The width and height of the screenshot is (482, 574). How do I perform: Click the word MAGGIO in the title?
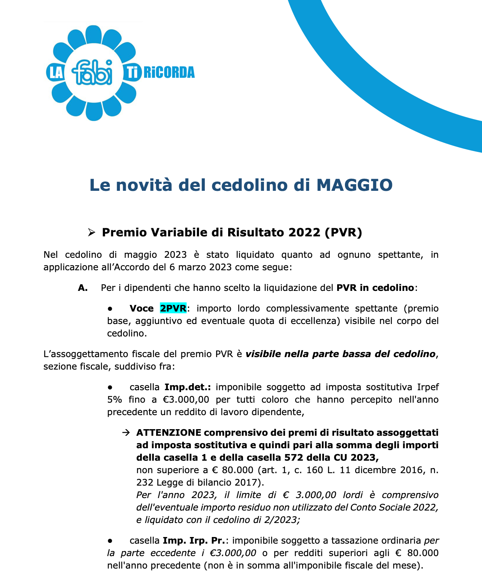pyautogui.click(x=354, y=185)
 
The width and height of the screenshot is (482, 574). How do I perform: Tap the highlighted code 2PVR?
pyautogui.click(x=173, y=308)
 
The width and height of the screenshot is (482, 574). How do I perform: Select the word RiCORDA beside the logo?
pyautogui.click(x=169, y=73)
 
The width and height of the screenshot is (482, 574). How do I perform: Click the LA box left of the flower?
pyautogui.click(x=56, y=73)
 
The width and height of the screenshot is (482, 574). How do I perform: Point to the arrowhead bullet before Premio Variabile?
pyautogui.click(x=91, y=233)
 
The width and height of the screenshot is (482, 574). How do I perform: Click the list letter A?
pyautogui.click(x=83, y=288)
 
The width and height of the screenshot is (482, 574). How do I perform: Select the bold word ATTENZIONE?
pyautogui.click(x=169, y=433)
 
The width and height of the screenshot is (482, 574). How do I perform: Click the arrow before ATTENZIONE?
pyautogui.click(x=125, y=433)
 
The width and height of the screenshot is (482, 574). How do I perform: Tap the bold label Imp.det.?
pyautogui.click(x=188, y=387)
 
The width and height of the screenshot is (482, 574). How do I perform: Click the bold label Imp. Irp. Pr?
pyautogui.click(x=194, y=541)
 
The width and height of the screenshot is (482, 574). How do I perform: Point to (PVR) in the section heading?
pyautogui.click(x=343, y=232)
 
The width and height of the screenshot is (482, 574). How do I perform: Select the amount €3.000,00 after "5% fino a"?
pyautogui.click(x=186, y=400)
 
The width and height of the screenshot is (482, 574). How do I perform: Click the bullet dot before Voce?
pyautogui.click(x=110, y=308)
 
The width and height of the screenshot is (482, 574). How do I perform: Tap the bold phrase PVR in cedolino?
pyautogui.click(x=375, y=288)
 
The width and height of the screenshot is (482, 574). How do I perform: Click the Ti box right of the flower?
pyautogui.click(x=132, y=73)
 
